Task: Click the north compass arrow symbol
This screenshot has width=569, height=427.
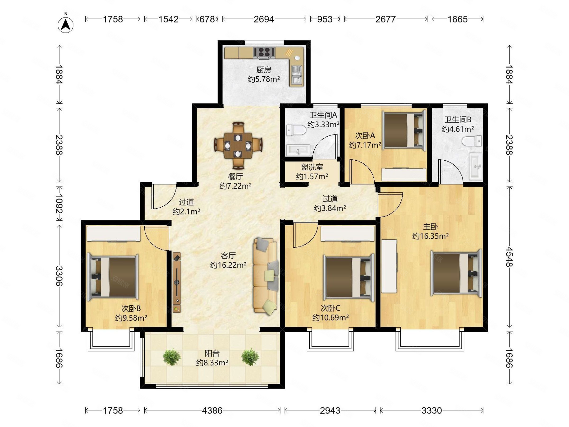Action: pos(66,25)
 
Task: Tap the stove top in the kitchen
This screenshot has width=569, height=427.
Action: pos(264,52)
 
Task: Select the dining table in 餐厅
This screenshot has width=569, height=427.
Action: pos(238,146)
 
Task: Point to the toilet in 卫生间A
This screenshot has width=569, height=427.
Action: pos(296,130)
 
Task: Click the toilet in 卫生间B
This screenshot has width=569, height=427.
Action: pos(472,141)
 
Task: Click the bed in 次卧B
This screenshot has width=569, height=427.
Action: pos(113,277)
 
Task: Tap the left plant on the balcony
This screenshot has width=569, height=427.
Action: pos(172,357)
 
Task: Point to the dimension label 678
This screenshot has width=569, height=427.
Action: pos(207,19)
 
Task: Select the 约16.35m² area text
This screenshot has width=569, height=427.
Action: pos(431,236)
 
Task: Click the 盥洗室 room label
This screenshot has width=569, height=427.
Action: pos(312,167)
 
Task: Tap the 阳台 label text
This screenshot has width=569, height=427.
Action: pos(212,353)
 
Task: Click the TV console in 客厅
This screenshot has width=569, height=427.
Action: pos(177,282)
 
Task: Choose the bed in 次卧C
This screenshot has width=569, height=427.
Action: pos(349,278)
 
